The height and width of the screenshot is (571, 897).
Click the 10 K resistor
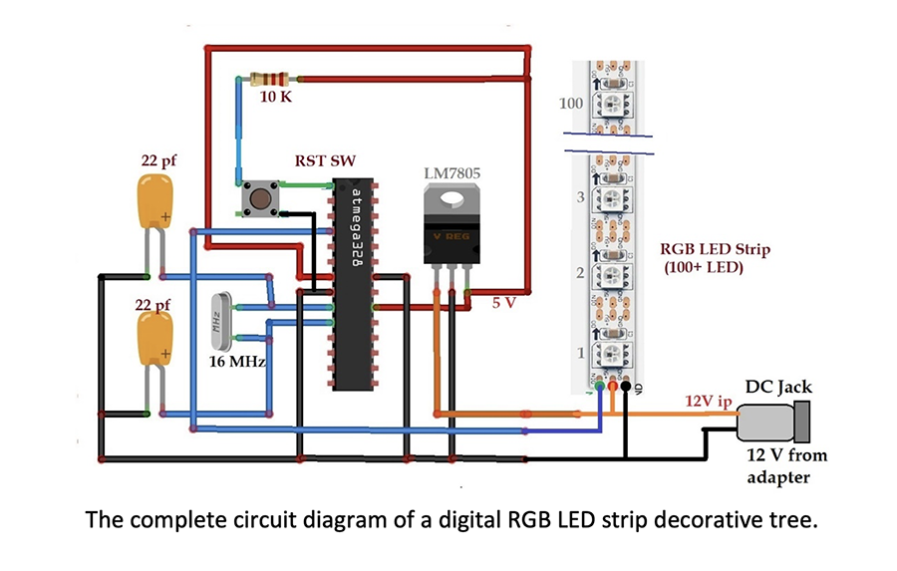coord(270,79)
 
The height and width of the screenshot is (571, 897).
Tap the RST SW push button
coord(260,198)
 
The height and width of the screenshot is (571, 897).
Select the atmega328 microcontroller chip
coord(354,284)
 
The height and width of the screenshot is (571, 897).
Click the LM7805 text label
coord(451,173)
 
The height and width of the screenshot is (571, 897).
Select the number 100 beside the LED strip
coord(571,104)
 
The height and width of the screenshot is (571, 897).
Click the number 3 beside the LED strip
coord(579,197)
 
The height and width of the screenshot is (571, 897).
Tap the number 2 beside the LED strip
coord(579,272)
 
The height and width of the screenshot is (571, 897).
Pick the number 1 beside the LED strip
coord(580,352)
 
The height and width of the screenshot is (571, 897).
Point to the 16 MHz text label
coord(237,361)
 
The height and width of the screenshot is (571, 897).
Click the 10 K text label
coord(276,98)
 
